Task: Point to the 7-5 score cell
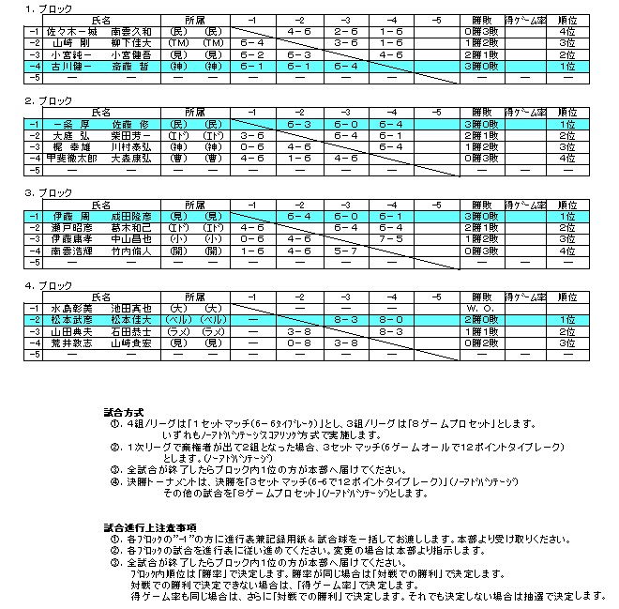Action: tap(391, 239)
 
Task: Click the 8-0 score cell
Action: tap(391, 319)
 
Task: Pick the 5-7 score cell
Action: tap(344, 251)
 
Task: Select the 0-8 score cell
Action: tap(298, 343)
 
